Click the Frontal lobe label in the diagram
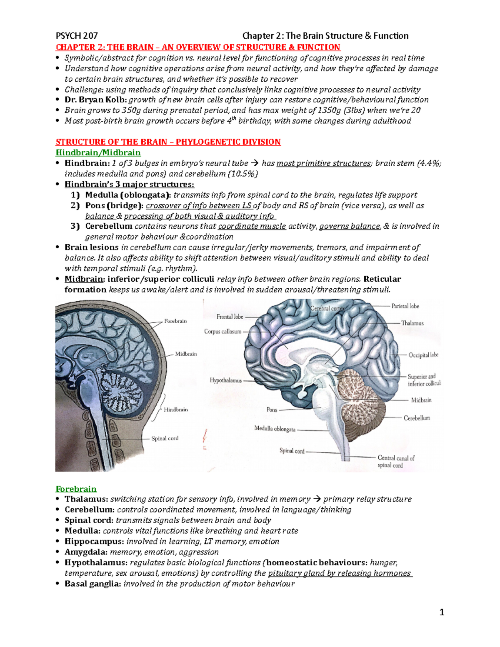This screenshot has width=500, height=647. click(x=230, y=317)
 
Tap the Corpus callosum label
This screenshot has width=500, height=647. click(x=222, y=332)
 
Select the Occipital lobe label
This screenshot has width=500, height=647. click(x=423, y=355)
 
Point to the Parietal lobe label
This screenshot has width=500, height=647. click(x=405, y=306)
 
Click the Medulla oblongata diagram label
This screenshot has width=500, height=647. click(x=275, y=429)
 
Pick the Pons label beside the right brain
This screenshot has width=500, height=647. click(x=272, y=410)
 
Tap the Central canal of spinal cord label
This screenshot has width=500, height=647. click(x=396, y=462)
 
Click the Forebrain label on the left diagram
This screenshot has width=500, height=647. click(x=175, y=321)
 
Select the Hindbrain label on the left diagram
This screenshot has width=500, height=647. click(x=175, y=410)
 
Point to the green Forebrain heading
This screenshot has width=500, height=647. click(x=76, y=489)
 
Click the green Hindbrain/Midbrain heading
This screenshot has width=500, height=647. click(x=98, y=152)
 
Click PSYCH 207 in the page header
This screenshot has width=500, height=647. click(x=77, y=36)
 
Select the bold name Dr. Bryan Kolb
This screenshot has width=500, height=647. click(x=96, y=100)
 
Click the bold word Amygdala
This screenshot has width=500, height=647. click(x=86, y=552)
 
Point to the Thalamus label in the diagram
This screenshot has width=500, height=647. click(x=412, y=323)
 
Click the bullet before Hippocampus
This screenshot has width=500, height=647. click(x=58, y=542)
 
